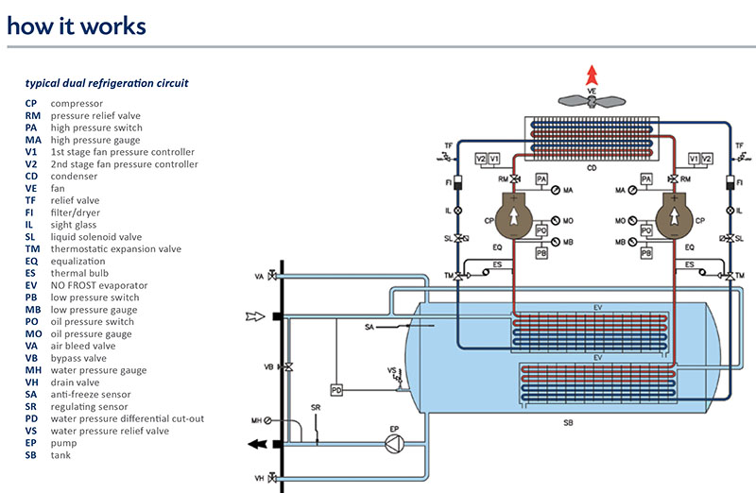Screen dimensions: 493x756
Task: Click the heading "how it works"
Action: [77, 25]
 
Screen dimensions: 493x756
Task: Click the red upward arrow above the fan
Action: [592, 76]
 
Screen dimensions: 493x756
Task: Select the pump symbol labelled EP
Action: [395, 446]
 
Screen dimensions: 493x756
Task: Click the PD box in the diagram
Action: [336, 390]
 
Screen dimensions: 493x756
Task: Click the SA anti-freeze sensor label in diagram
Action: [370, 327]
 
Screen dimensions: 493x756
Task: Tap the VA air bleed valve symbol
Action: [272, 277]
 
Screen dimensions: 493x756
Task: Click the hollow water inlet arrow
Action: [254, 315]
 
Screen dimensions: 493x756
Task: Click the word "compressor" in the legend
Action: [77, 103]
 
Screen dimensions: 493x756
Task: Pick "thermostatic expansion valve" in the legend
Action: [115, 248]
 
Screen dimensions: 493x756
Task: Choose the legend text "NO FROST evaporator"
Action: [98, 285]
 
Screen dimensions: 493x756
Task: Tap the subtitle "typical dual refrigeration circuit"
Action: [106, 83]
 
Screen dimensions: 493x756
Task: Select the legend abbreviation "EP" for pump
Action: [31, 443]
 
